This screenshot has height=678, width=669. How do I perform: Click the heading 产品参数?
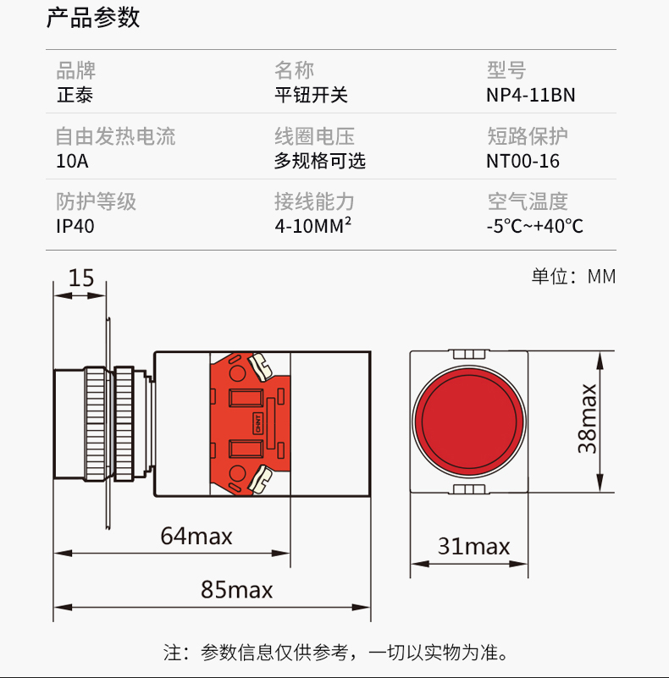pyautogui.click(x=93, y=19)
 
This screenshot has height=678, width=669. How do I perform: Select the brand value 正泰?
pyautogui.click(x=75, y=95)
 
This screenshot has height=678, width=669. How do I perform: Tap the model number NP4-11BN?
pyautogui.click(x=530, y=95)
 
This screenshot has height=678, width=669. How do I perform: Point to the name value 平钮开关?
pyautogui.click(x=310, y=95)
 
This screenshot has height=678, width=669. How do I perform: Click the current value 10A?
pyautogui.click(x=72, y=161)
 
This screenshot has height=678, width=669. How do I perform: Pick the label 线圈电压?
pyautogui.click(x=314, y=136)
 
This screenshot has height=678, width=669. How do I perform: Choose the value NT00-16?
pyautogui.click(x=522, y=161)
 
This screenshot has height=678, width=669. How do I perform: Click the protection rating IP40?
pyautogui.click(x=75, y=226)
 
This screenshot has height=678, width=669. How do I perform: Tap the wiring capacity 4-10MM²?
pyautogui.click(x=312, y=226)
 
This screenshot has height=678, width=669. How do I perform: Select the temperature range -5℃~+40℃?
pyautogui.click(x=534, y=226)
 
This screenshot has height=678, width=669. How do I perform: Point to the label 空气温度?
pyautogui.click(x=527, y=201)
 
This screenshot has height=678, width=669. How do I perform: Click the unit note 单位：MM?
pyautogui.click(x=573, y=277)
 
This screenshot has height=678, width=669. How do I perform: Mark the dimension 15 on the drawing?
pyautogui.click(x=81, y=278)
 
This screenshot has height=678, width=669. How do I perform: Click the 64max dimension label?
pyautogui.click(x=196, y=536)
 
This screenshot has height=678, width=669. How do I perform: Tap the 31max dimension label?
pyautogui.click(x=473, y=547)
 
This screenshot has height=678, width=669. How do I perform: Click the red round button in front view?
pyautogui.click(x=469, y=421)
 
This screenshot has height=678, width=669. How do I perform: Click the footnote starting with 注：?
pyautogui.click(x=335, y=653)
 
